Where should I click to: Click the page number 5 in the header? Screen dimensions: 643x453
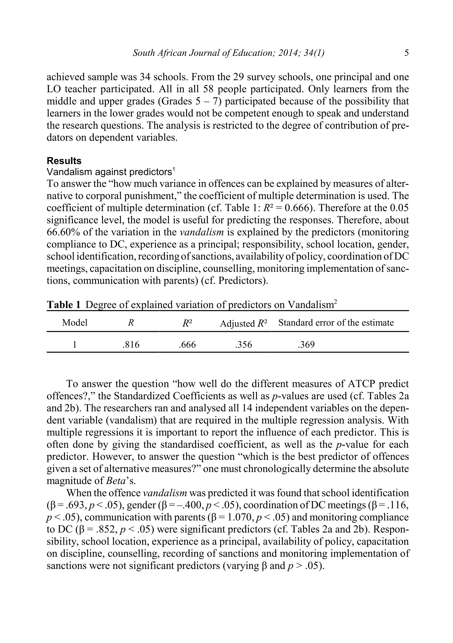406,53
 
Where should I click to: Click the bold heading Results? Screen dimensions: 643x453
64,161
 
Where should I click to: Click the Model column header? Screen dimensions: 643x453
75,323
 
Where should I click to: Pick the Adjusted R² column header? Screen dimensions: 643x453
244,323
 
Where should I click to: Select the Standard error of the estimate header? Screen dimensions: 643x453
336,323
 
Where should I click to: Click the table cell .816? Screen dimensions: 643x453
131,345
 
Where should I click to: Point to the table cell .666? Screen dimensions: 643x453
187,345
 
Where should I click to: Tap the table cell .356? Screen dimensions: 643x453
244,345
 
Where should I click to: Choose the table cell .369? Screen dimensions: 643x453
306,345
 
